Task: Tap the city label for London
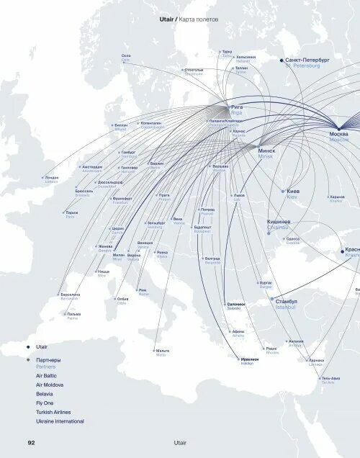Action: pos(51,179)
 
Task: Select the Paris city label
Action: pos(71,214)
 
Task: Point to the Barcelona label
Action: pos(70,296)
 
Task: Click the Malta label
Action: pos(161,353)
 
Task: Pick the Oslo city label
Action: pos(126,57)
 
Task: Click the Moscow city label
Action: pos(338,136)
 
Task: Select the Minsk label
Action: pos(266,153)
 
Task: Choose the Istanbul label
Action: pos(286,304)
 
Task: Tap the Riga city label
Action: pos(237,109)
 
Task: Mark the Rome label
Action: pos(143,292)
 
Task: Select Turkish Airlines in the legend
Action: pos(55,412)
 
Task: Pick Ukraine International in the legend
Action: pos(60,421)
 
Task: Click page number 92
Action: pos(31,442)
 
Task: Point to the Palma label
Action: pos(73,315)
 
